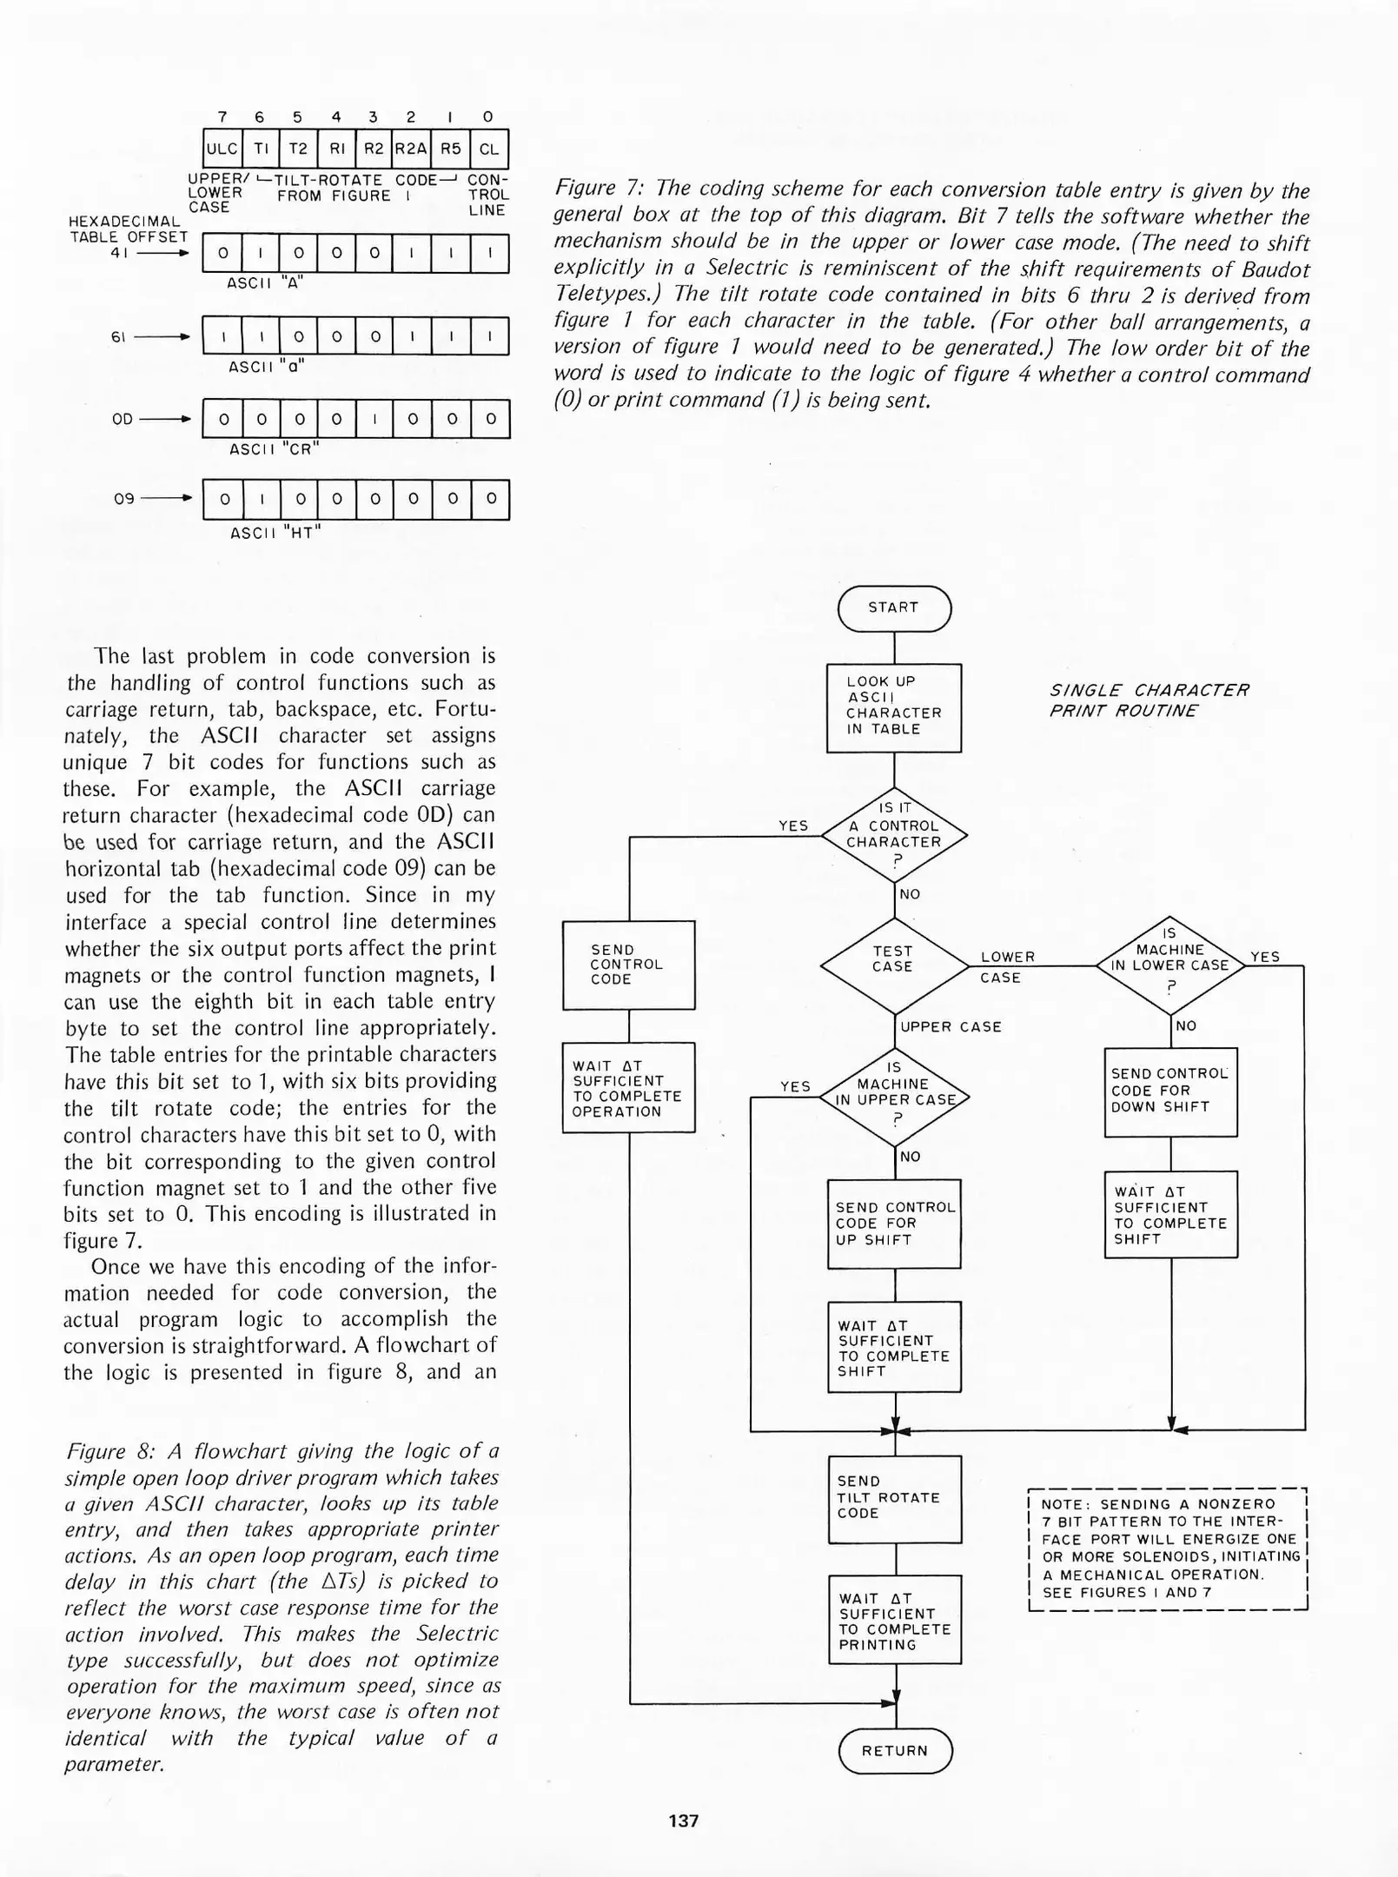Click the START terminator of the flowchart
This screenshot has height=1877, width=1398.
(x=894, y=608)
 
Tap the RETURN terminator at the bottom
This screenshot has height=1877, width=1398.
(x=895, y=1750)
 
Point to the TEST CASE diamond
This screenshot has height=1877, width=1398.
(x=894, y=965)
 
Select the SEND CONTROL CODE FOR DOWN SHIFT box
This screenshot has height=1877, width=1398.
(x=1170, y=1091)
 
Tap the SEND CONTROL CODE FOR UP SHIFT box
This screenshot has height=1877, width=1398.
(x=894, y=1224)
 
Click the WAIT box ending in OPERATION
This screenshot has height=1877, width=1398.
(x=628, y=1087)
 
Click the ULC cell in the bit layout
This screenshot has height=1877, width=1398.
(x=222, y=149)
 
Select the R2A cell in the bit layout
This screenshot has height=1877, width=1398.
(x=411, y=149)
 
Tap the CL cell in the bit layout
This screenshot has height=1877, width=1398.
(x=489, y=149)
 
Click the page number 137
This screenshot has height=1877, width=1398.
(x=684, y=1821)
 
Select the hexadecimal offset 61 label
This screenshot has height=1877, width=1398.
(x=119, y=336)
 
